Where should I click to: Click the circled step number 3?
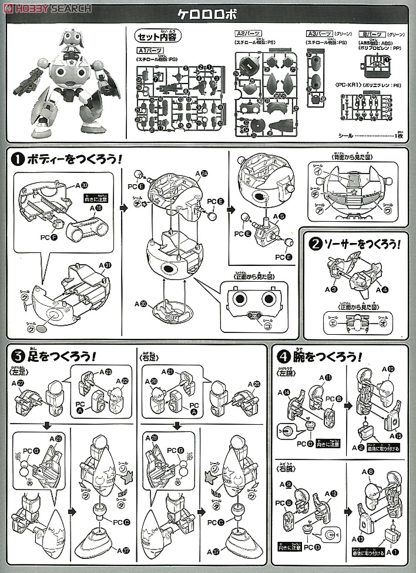point(18,357)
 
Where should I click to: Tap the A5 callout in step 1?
point(277,216)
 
